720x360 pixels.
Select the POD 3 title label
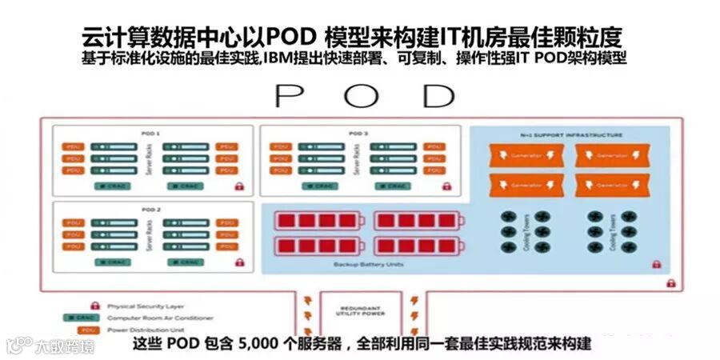359,134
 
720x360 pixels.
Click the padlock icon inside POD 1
238,186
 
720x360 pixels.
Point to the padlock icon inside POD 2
238,262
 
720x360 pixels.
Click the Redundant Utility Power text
365,310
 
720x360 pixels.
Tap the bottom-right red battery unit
450,246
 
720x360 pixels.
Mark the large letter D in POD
438,95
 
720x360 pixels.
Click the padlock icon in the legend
95,305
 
